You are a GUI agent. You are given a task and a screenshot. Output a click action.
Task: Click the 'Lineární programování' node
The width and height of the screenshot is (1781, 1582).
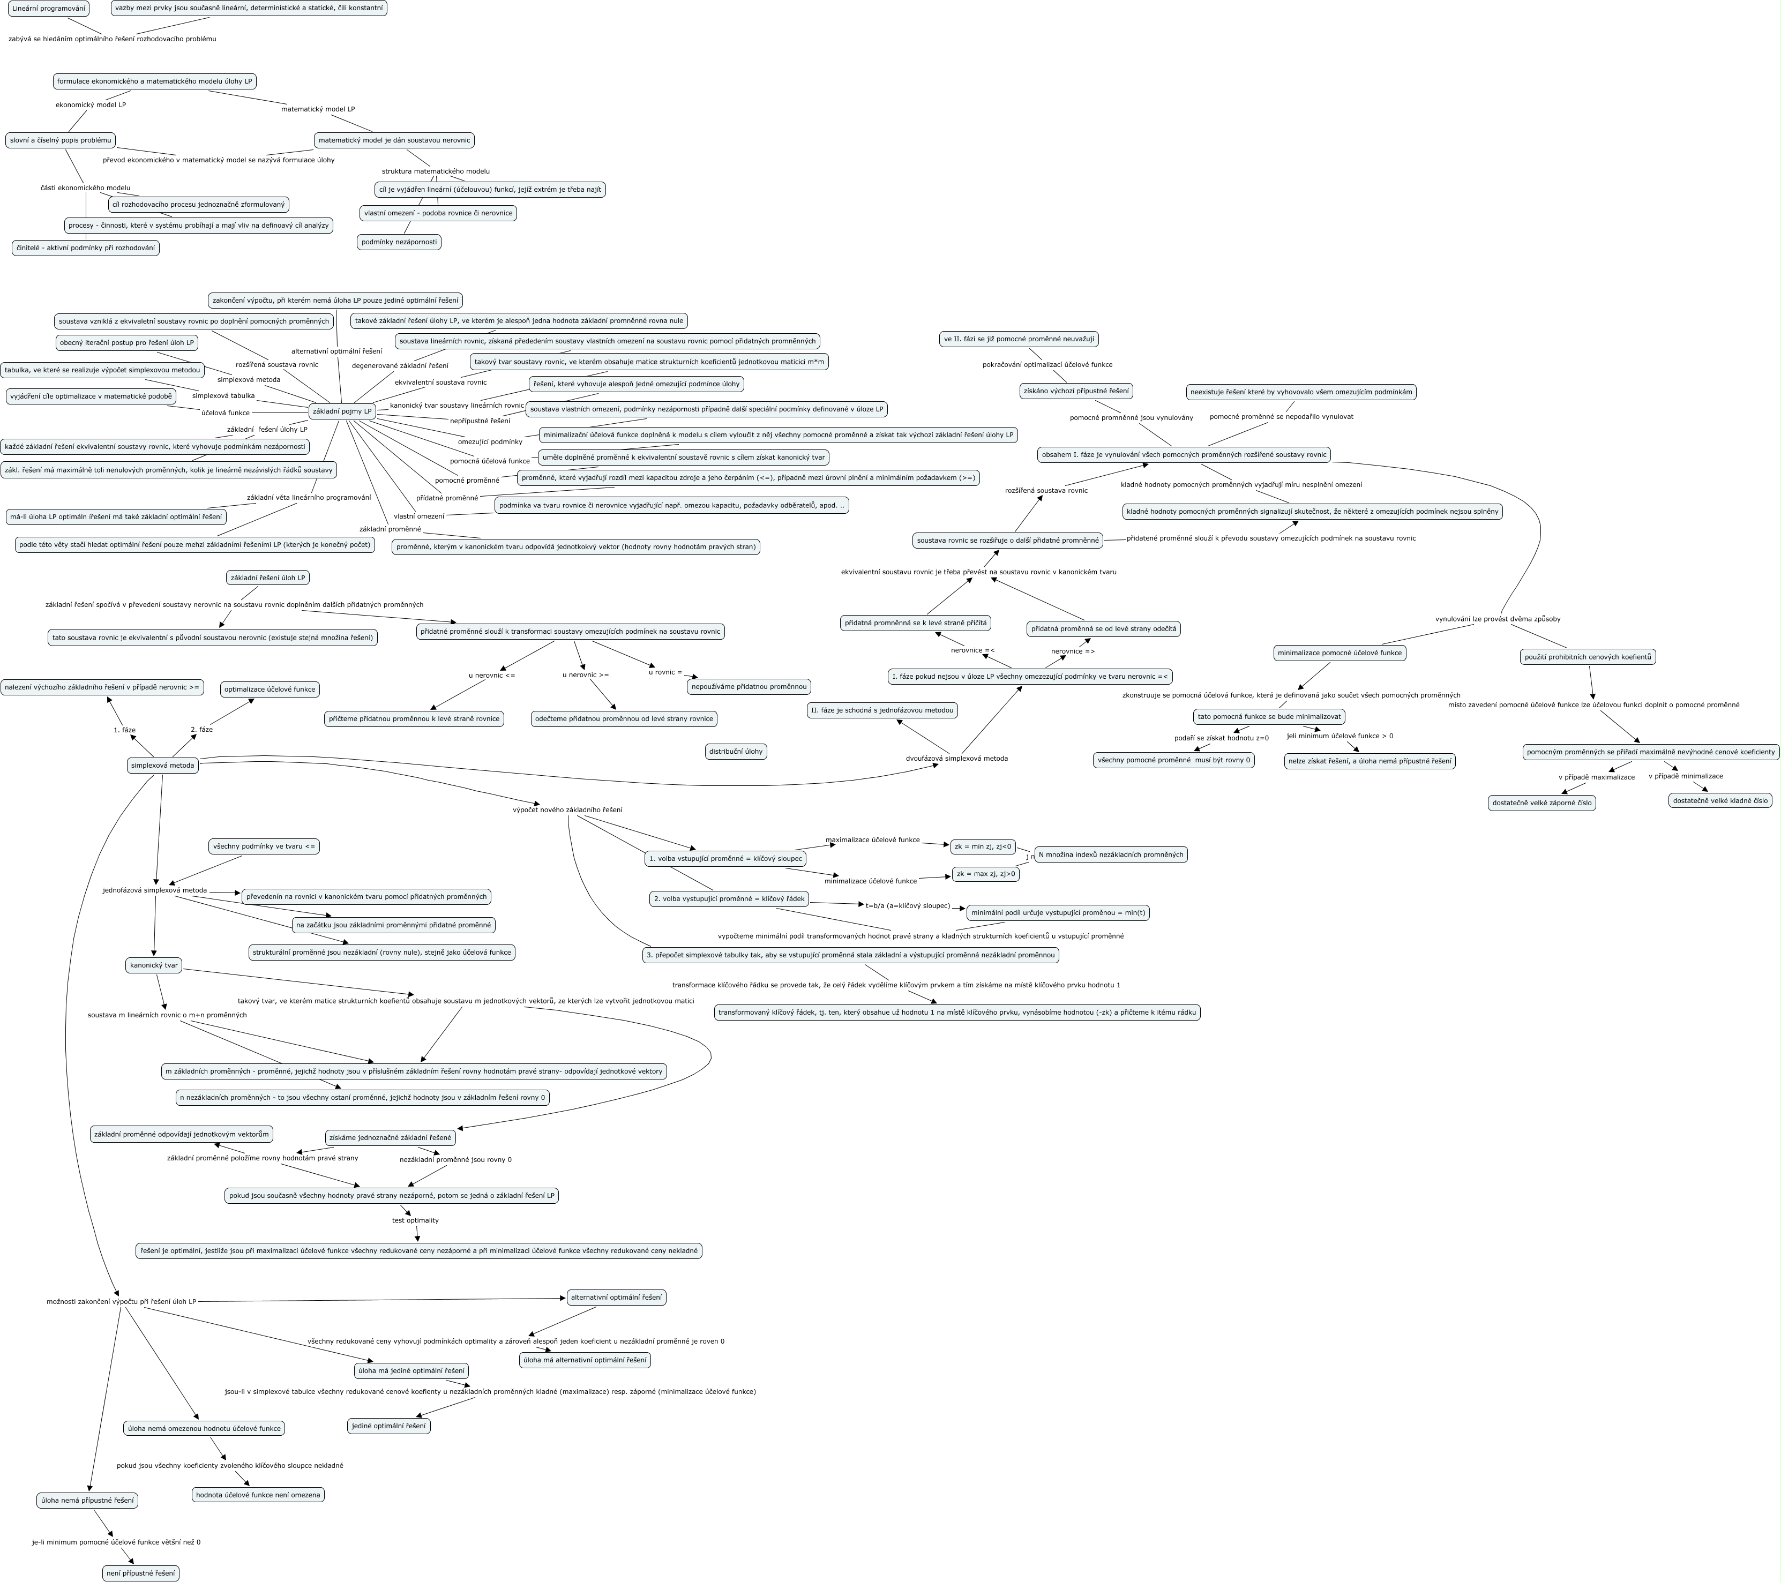tap(50, 9)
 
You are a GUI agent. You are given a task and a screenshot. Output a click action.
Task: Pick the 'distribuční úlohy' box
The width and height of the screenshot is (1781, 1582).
tap(736, 752)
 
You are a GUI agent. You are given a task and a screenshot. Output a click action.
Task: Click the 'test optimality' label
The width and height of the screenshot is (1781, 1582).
tap(416, 1220)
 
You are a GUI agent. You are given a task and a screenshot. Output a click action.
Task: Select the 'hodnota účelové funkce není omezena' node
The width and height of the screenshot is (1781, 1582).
tap(258, 1495)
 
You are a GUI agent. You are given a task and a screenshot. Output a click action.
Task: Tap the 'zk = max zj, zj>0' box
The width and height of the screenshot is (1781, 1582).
tap(985, 874)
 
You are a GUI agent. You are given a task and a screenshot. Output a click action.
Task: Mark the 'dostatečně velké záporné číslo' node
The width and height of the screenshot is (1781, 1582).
tap(1541, 803)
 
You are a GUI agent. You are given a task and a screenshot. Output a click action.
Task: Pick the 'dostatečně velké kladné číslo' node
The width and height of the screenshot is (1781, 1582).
tap(1720, 800)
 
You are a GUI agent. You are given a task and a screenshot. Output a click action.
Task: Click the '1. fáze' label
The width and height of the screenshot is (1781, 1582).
tap(125, 730)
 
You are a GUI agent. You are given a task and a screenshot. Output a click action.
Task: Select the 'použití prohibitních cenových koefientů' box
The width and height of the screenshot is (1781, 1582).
tap(1588, 657)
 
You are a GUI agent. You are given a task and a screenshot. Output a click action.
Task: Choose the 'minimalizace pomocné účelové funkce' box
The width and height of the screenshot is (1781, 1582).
tap(1340, 653)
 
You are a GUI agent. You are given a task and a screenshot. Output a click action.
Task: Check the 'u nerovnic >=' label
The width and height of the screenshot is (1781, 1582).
tap(586, 675)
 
